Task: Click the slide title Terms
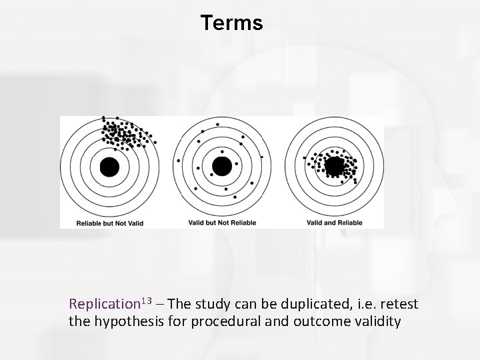(231, 23)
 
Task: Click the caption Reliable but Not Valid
(110, 223)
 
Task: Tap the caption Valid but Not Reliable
(221, 223)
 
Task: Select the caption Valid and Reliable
(335, 223)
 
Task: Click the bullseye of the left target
(109, 167)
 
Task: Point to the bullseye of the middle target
(221, 167)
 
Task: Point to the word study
(215, 304)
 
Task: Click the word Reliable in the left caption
(89, 223)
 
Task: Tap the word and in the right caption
(333, 223)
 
